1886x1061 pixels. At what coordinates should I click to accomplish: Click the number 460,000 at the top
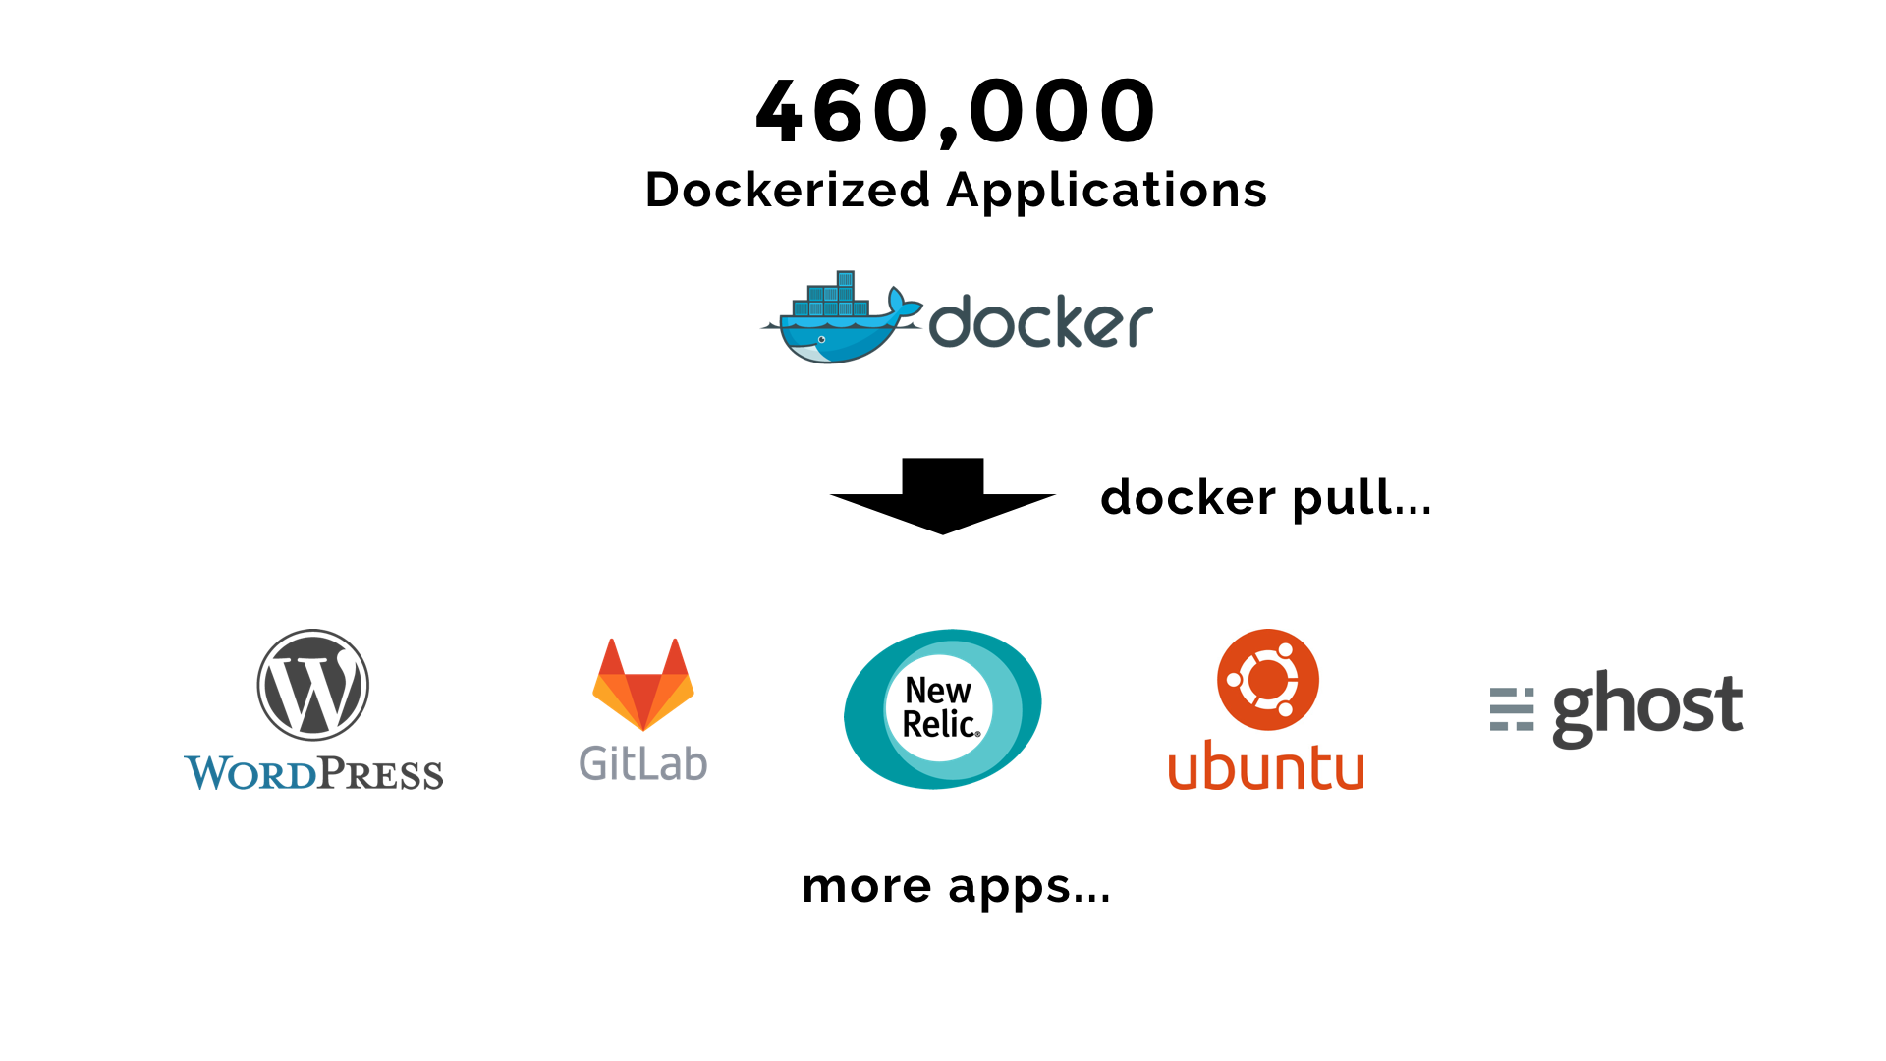click(956, 111)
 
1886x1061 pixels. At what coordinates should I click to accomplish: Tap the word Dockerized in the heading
click(787, 190)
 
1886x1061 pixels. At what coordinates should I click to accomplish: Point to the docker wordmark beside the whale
click(1040, 322)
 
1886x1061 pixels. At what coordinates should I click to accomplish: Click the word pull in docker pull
click(1361, 498)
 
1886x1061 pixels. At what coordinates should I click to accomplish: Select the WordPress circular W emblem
click(312, 685)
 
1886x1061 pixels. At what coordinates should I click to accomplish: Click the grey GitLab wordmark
click(643, 763)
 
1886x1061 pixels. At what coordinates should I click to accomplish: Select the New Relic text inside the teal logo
click(940, 707)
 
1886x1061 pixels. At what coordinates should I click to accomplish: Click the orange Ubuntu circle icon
click(1267, 680)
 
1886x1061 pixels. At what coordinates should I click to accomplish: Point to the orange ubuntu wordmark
click(1265, 766)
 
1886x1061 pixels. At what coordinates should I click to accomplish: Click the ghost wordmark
click(1647, 707)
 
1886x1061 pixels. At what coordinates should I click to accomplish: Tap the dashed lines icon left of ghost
click(1511, 709)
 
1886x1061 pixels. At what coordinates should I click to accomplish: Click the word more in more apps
click(866, 886)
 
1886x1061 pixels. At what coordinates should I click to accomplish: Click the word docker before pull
click(1188, 498)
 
